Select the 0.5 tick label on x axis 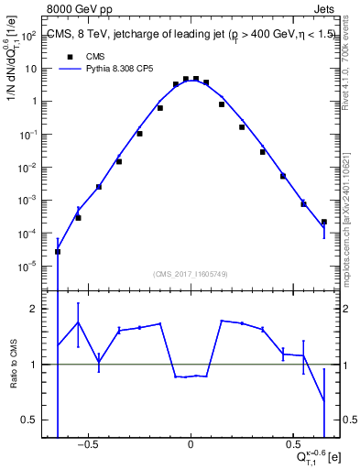point(292,448)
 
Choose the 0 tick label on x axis point(191,448)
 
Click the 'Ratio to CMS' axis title point(13,366)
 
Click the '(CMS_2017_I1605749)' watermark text point(190,275)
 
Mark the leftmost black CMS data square point(58,251)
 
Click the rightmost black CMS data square point(324,222)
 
